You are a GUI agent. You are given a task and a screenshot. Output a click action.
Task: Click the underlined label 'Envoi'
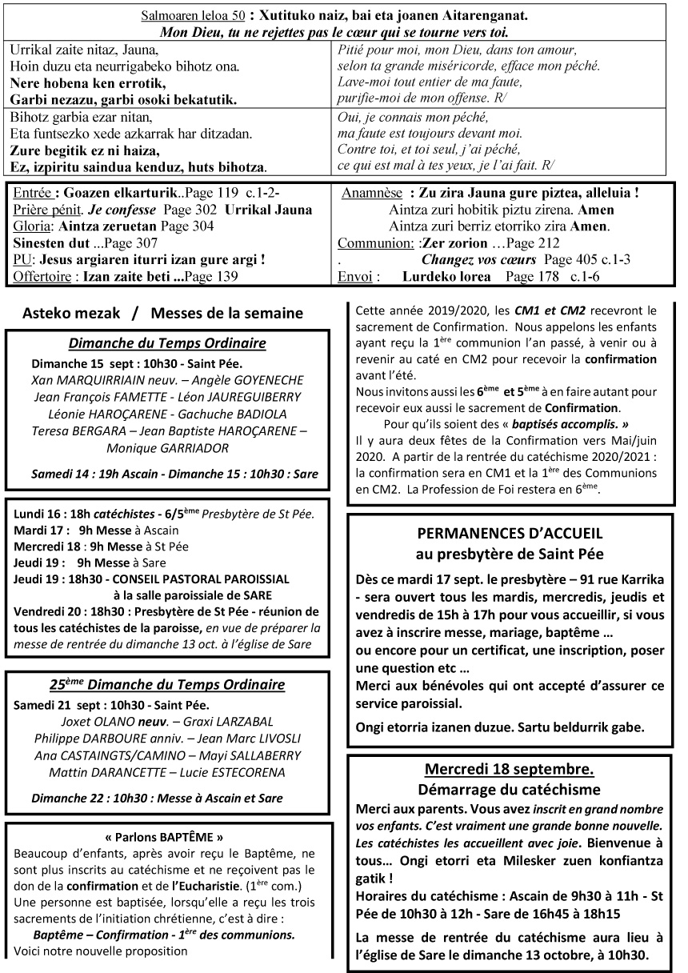click(355, 277)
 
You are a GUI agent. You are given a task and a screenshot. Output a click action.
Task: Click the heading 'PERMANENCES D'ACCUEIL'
click(510, 535)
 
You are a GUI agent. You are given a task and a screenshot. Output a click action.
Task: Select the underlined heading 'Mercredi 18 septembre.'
click(509, 769)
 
